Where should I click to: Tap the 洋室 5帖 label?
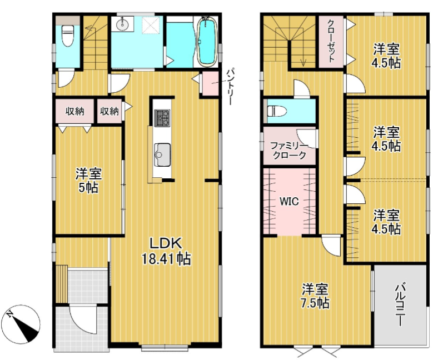click(88, 181)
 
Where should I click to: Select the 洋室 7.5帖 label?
click(315, 296)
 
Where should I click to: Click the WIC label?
click(289, 202)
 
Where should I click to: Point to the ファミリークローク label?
click(288, 151)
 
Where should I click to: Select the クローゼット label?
click(331, 41)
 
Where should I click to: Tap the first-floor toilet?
click(68, 36)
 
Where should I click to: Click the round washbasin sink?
click(122, 24)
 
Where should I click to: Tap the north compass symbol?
click(24, 326)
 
